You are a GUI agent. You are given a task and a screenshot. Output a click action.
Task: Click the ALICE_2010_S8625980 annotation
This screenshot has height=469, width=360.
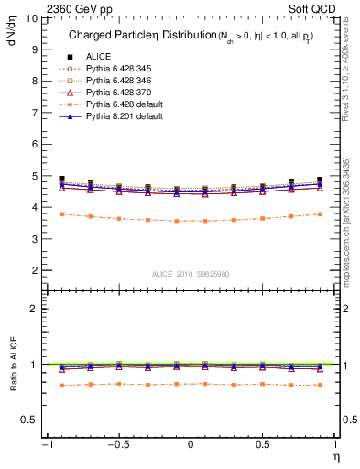point(191,273)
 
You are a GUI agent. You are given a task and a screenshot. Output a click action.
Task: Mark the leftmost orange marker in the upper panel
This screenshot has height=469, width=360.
point(61,214)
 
